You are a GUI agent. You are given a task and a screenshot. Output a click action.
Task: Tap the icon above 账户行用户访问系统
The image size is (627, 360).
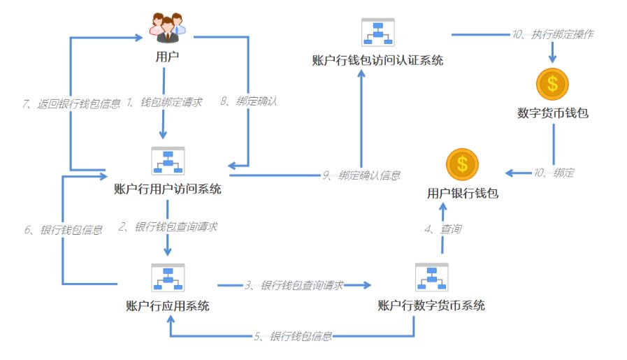click(167, 161)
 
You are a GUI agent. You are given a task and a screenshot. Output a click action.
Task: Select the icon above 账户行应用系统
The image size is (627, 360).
click(167, 278)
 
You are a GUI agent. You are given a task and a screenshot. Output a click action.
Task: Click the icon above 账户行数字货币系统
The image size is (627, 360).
click(431, 278)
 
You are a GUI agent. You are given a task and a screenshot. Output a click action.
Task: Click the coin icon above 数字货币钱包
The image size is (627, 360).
click(552, 85)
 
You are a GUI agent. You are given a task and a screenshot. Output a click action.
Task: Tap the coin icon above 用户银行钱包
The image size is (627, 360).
click(462, 165)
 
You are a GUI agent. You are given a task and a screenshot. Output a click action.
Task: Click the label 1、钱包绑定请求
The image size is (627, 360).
click(164, 102)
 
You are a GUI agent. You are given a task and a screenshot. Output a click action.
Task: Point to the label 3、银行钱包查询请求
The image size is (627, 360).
click(294, 285)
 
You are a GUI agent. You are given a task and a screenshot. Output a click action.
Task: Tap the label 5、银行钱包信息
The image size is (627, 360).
click(293, 336)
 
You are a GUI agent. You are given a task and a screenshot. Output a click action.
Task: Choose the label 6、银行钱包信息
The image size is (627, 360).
click(64, 230)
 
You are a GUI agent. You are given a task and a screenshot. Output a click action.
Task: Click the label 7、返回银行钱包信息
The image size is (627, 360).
click(71, 103)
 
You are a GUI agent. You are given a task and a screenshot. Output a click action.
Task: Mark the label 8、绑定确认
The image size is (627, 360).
click(249, 101)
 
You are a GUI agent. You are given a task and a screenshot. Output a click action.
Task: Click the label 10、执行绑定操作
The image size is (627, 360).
click(552, 34)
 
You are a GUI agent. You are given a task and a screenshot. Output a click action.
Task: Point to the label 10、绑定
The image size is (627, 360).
click(553, 173)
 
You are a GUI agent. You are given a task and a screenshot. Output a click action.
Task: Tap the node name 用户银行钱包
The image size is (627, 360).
click(463, 194)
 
